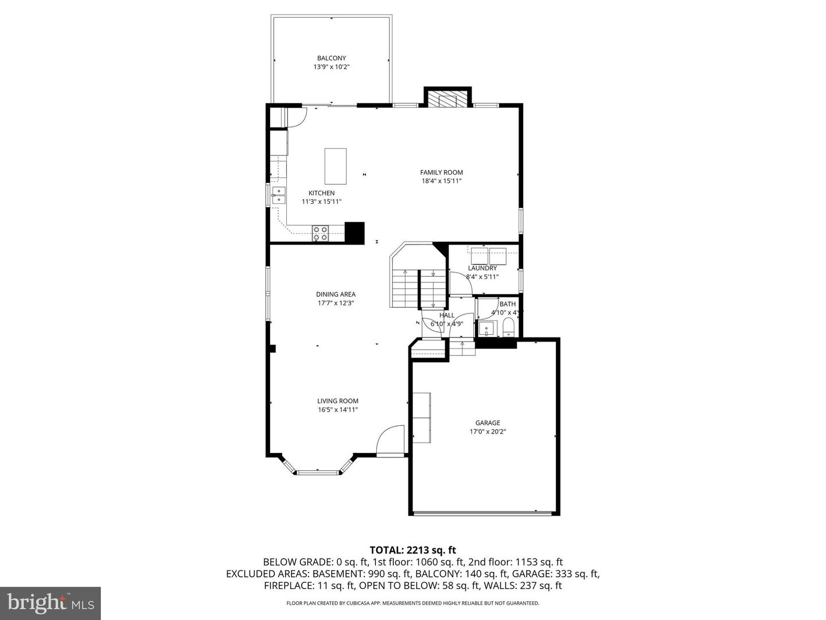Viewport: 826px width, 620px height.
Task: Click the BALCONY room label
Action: (332, 58)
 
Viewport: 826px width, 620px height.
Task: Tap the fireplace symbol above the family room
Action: (447, 99)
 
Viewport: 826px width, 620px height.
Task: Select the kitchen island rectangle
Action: (336, 165)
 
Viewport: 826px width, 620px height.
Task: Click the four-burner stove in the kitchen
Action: (320, 233)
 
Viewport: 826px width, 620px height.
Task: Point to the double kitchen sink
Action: (279, 195)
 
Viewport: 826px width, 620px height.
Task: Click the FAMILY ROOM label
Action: (441, 172)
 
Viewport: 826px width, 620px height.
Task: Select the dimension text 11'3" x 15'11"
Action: (321, 201)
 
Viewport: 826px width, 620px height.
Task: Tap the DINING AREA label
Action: (336, 294)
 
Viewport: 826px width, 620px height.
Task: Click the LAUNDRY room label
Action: (482, 268)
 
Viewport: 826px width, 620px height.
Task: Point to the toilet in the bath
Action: (508, 328)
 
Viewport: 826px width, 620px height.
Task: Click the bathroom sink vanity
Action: (486, 329)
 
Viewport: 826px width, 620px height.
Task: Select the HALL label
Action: (447, 315)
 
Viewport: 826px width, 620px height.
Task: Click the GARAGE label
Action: (488, 423)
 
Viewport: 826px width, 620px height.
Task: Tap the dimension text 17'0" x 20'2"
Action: (488, 432)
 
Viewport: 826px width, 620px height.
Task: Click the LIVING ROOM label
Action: (338, 401)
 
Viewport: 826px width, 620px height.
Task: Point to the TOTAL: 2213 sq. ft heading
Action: (412, 550)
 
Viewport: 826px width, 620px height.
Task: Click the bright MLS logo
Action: (50, 603)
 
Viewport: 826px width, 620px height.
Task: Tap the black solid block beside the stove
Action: (354, 232)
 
